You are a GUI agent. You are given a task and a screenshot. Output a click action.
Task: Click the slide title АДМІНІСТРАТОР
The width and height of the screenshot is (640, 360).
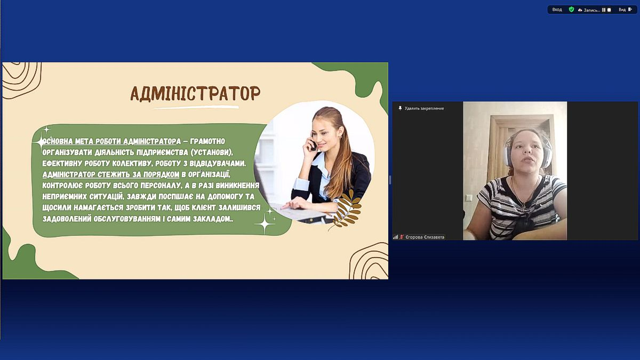[x=195, y=93]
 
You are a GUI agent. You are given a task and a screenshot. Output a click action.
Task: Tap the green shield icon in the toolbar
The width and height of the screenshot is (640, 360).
[x=571, y=10]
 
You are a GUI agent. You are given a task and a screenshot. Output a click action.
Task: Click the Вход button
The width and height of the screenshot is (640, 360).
[x=557, y=10]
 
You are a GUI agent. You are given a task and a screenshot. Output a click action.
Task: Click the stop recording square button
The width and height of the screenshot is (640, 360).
[x=609, y=10]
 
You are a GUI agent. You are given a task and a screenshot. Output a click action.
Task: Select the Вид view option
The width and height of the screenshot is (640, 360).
[x=625, y=10]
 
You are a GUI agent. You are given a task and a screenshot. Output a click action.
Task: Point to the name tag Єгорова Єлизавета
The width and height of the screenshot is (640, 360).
[x=425, y=237]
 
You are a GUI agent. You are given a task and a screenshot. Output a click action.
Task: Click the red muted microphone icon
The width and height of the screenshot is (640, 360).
[x=402, y=237]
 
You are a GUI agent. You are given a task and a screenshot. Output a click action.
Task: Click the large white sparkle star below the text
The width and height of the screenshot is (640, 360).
[x=265, y=223]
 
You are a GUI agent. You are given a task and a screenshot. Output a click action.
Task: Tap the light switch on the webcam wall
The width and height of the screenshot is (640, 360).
[x=469, y=198]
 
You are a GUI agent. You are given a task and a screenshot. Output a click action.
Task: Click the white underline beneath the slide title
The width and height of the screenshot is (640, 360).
[x=196, y=108]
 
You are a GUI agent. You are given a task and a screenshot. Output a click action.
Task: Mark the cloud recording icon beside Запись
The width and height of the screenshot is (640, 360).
[x=580, y=10]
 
